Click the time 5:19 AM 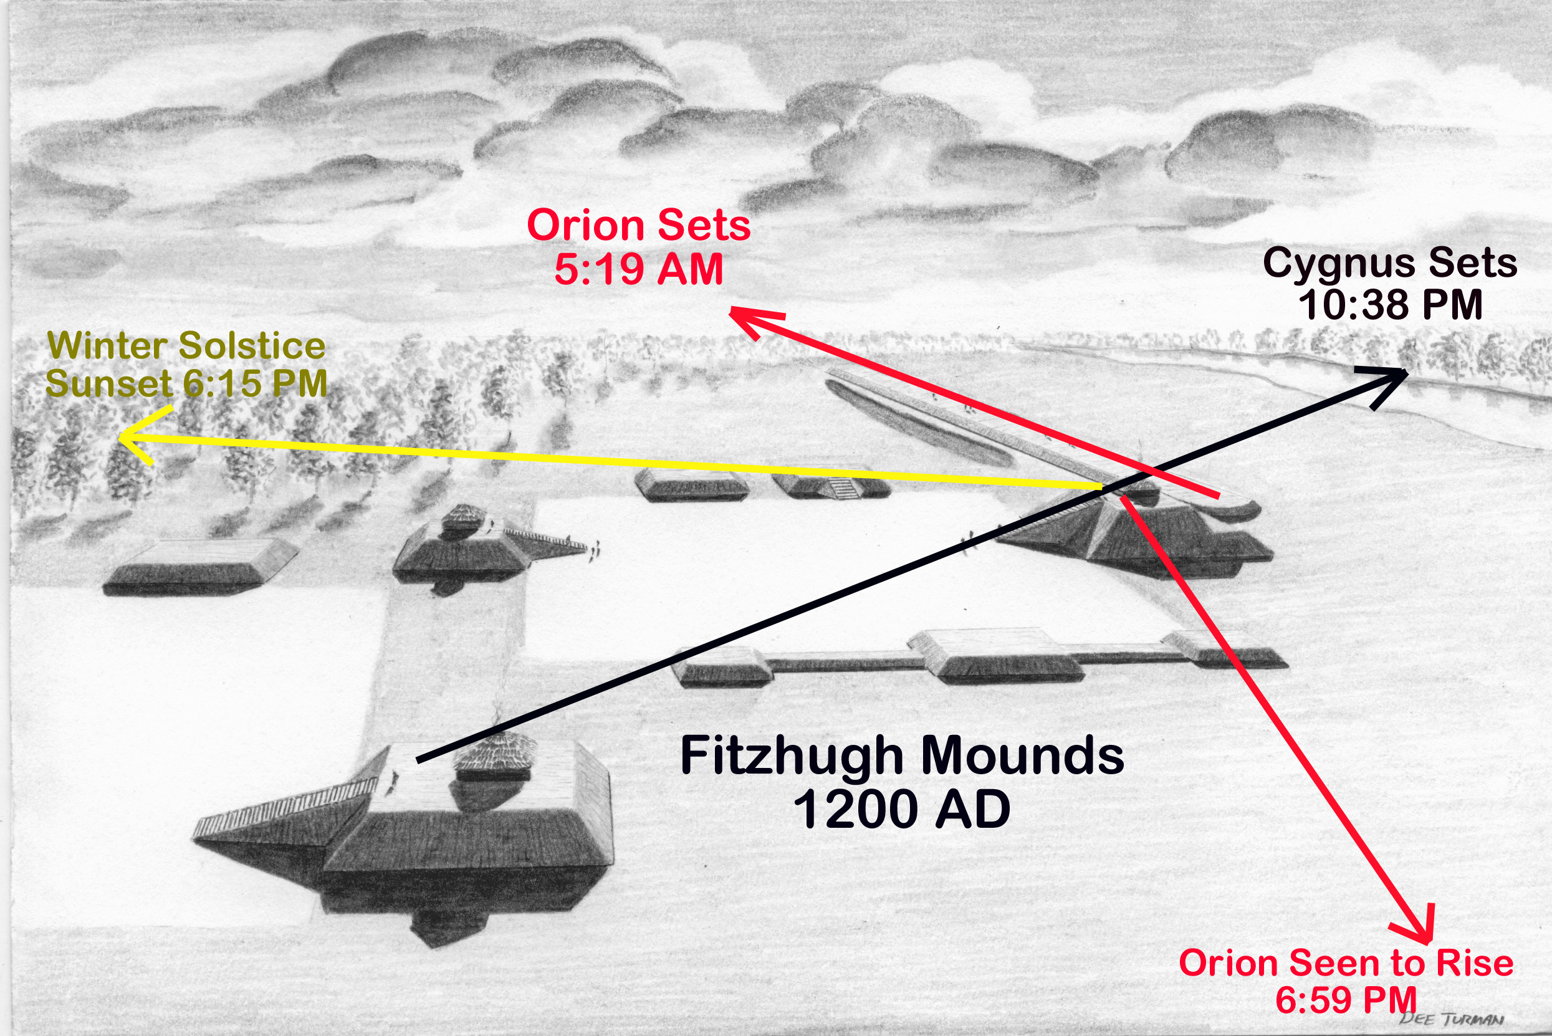pos(638,269)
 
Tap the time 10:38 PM pos(1390,305)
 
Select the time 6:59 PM pos(1345,1000)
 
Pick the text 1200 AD pos(901,809)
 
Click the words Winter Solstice pos(186,345)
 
